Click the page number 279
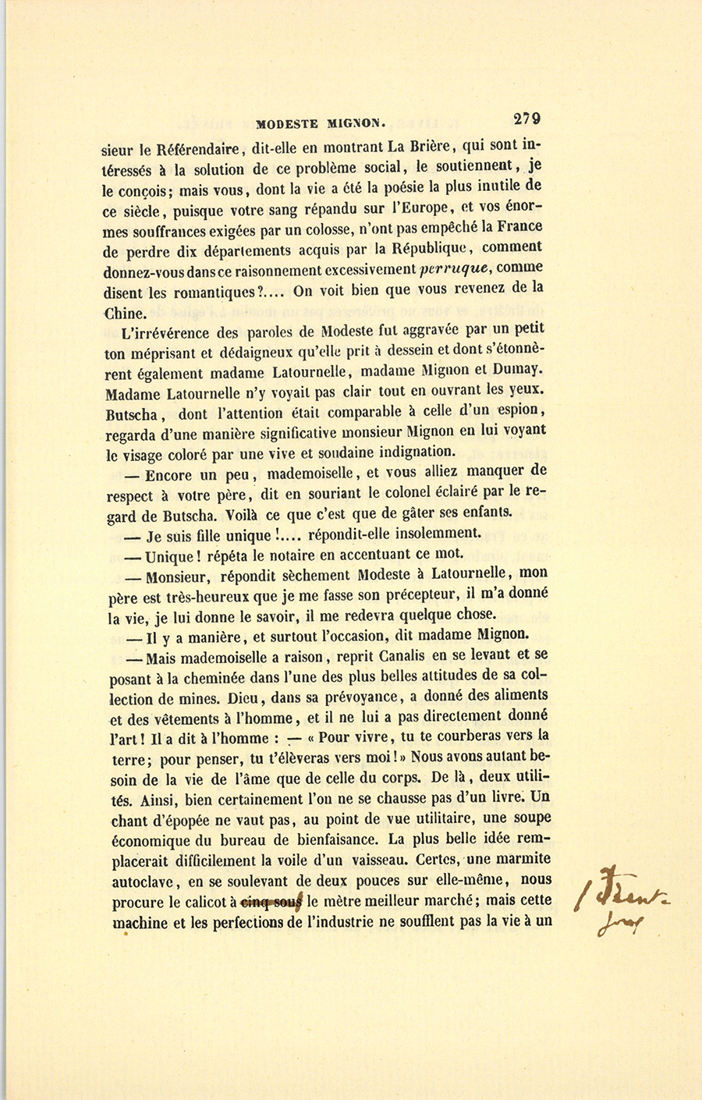[527, 119]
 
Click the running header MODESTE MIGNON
[321, 123]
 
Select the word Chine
[124, 314]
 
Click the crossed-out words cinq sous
[271, 901]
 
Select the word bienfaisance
[331, 841]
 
